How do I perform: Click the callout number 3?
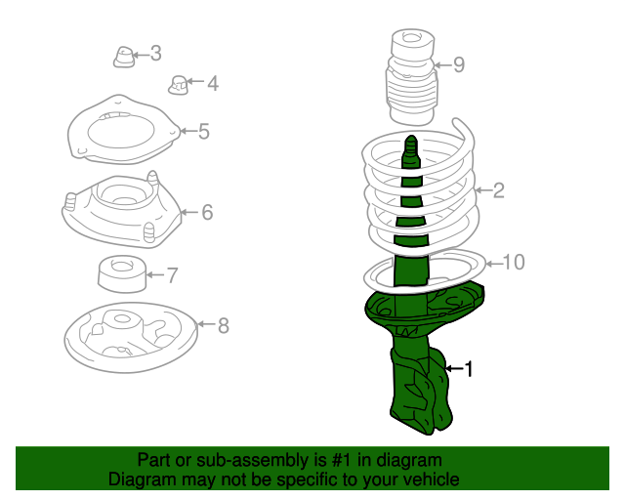click(156, 54)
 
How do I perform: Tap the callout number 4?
click(213, 83)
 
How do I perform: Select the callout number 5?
click(204, 132)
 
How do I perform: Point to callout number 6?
click(207, 212)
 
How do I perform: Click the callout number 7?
click(172, 275)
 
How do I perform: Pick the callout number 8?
click(224, 326)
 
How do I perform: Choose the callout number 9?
click(459, 64)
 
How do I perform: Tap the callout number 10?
click(514, 263)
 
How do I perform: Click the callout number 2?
click(499, 190)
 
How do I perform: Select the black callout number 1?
click(469, 369)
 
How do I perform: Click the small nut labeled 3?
click(124, 57)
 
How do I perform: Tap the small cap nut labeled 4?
click(178, 85)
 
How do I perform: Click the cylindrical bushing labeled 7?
click(122, 273)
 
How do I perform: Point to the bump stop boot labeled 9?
click(412, 77)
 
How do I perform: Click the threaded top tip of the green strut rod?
click(411, 141)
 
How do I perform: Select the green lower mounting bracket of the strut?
click(421, 391)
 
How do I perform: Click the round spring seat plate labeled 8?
click(131, 338)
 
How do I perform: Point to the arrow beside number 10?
click(494, 264)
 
